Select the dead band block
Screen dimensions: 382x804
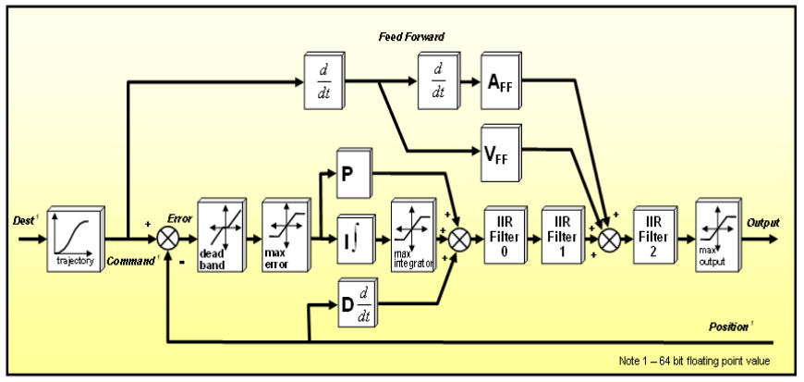pos(219,237)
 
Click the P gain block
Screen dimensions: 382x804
pos(352,174)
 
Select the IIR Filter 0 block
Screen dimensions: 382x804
pos(503,235)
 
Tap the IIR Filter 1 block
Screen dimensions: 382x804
pos(560,235)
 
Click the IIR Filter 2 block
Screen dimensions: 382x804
pos(653,235)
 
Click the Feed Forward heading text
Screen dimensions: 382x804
pos(412,37)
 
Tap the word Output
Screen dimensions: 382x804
pos(763,223)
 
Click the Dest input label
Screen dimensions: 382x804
pos(23,222)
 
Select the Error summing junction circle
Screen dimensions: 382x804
pos(167,238)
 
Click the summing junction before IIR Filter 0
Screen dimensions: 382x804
pos(458,238)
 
